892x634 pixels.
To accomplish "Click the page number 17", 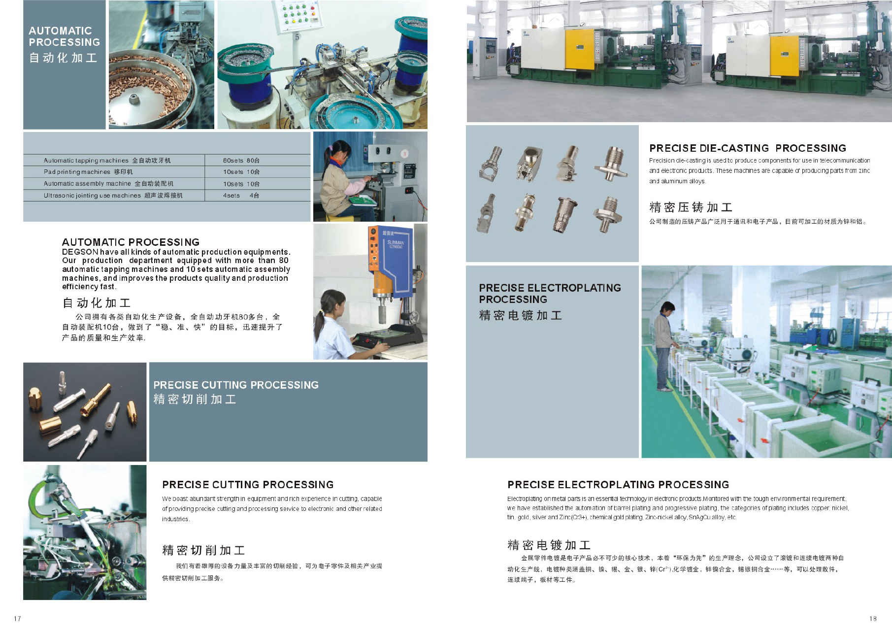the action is [18, 619].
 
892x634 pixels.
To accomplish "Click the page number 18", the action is [873, 619].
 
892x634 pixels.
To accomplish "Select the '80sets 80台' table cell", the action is [241, 160].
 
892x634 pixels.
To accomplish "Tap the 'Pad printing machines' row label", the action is [77, 172].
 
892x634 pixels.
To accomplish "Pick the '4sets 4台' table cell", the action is [241, 196].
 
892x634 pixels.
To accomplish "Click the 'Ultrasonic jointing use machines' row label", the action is [92, 196].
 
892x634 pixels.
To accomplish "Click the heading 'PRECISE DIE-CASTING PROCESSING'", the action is [748, 148].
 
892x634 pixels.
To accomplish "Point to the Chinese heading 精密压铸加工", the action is [691, 207].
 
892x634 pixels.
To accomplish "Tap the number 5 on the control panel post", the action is [297, 37].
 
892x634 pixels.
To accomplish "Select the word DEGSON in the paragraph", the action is [80, 252].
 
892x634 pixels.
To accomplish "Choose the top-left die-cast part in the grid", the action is [490, 162].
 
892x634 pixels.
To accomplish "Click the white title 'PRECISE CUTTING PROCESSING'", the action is [236, 385].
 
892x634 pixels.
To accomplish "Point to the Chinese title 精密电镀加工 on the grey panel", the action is [520, 315].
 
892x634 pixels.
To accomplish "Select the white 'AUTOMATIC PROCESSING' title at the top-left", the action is [64, 36].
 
